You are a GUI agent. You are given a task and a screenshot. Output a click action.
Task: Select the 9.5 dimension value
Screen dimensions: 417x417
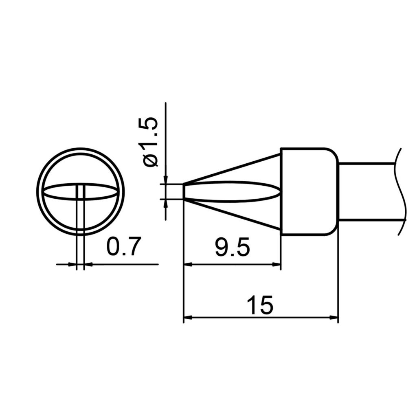(232, 248)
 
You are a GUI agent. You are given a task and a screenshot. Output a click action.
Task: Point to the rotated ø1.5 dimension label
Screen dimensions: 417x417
(148, 142)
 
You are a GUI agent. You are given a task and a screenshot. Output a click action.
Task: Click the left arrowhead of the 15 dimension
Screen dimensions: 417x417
(188, 317)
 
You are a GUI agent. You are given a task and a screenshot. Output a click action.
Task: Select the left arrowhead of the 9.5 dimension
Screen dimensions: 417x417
(188, 264)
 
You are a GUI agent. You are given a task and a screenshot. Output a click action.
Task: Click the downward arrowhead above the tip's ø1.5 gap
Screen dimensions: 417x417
(166, 180)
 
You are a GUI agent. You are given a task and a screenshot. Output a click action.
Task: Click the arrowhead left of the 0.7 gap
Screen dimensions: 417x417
(73, 264)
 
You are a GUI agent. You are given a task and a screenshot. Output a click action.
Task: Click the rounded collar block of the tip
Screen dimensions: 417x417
(309, 191)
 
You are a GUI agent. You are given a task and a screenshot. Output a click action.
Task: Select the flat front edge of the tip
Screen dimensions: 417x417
(184, 192)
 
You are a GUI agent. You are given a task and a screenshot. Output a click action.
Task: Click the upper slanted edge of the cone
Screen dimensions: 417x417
(232, 169)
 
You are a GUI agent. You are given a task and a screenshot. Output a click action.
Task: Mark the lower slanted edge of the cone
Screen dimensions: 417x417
(232, 215)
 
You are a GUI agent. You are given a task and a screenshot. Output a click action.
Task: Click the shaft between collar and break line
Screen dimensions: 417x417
(367, 191)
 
